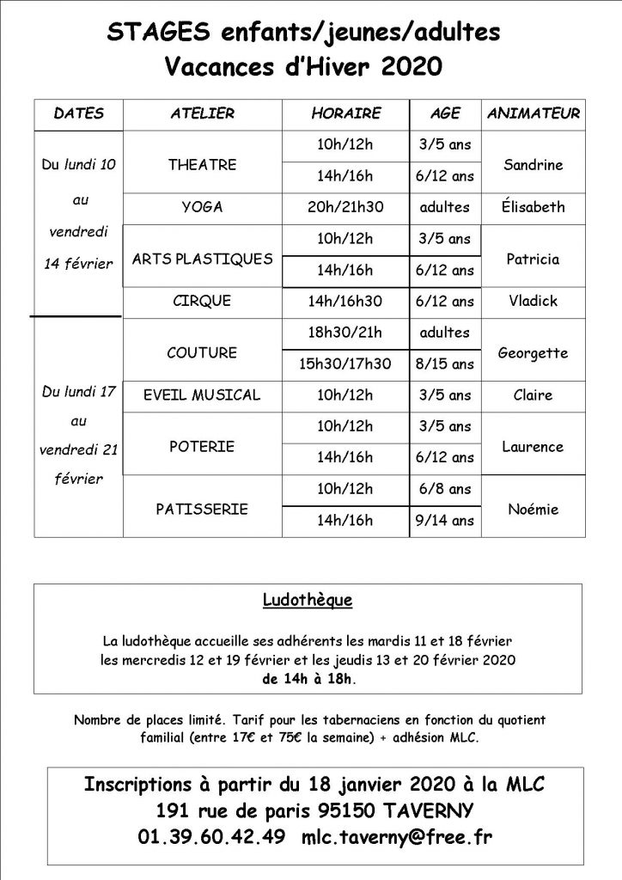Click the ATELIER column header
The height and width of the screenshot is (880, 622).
point(202,113)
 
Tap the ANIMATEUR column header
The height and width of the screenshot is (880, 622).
point(533,113)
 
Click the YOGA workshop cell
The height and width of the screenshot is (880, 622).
point(202,207)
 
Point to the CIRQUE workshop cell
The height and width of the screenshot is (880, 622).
point(202,302)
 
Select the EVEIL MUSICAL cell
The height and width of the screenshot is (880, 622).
point(202,395)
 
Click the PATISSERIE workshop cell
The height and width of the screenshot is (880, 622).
point(202,509)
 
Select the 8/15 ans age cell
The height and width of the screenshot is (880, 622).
point(445,364)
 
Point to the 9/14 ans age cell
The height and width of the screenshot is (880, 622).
point(445,520)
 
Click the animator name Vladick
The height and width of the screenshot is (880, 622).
point(533,302)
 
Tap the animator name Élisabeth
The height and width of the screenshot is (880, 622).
point(533,207)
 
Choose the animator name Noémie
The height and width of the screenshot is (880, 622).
point(533,509)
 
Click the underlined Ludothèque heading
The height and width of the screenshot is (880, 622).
point(308,599)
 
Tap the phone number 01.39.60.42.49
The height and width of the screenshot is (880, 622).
point(211,836)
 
